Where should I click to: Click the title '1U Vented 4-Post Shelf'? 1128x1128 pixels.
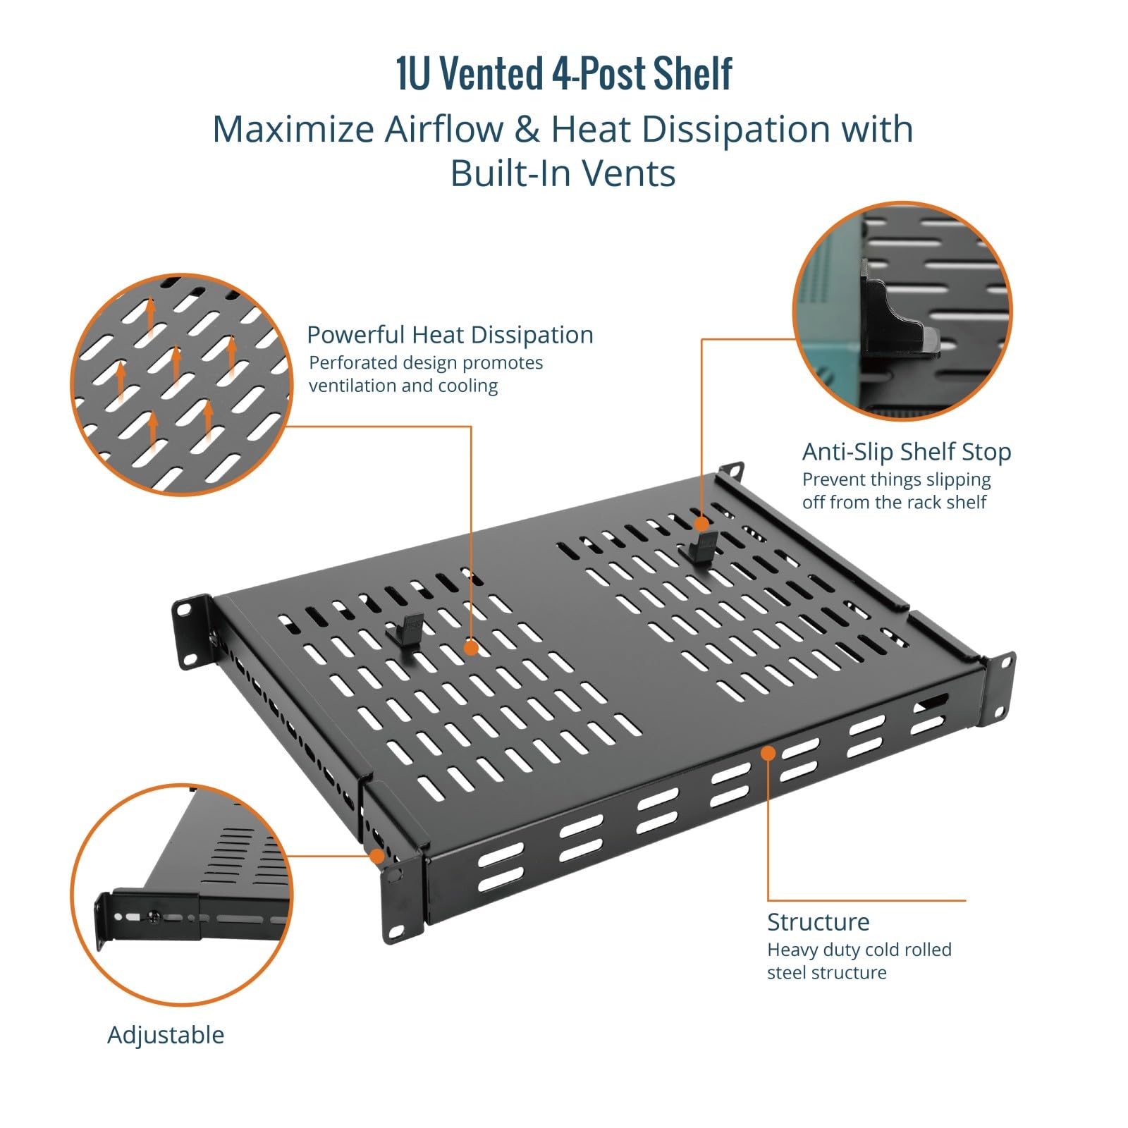coord(563,74)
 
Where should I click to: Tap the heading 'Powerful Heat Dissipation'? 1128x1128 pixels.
coord(450,335)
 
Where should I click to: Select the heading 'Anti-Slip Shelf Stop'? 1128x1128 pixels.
coord(907,452)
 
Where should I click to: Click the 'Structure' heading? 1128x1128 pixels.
coord(818,922)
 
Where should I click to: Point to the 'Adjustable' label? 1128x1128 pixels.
coord(166,1035)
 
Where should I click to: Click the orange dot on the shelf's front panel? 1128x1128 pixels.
coord(768,753)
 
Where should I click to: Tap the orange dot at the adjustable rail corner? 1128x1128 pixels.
coord(377,856)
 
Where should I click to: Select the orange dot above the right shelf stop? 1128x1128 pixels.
coord(701,524)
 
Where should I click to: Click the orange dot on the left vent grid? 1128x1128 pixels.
coord(471,647)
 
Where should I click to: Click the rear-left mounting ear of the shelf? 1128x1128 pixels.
coord(192,631)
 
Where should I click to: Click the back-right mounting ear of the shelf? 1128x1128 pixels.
coord(731,471)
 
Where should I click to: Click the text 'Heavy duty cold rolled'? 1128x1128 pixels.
coord(859,950)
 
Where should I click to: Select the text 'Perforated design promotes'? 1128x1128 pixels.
coord(426,363)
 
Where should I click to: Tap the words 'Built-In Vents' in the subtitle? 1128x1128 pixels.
coord(563,173)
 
